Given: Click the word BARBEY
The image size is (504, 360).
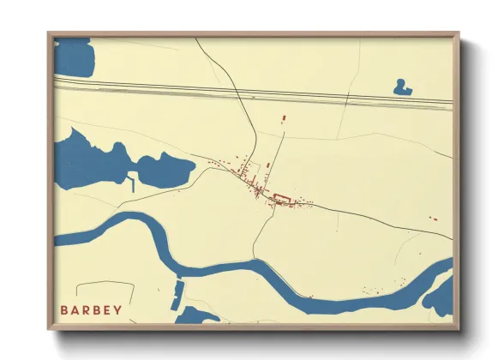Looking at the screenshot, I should [91, 309].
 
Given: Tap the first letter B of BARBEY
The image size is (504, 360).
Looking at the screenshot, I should [64, 309].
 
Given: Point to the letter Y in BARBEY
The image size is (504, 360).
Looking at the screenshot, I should [117, 309].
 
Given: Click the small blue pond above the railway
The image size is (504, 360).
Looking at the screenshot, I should [400, 87].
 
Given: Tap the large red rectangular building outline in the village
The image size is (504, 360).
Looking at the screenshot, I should [281, 200].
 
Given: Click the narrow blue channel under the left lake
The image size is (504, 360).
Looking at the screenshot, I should [133, 183].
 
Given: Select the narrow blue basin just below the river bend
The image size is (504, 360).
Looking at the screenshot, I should [177, 295].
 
